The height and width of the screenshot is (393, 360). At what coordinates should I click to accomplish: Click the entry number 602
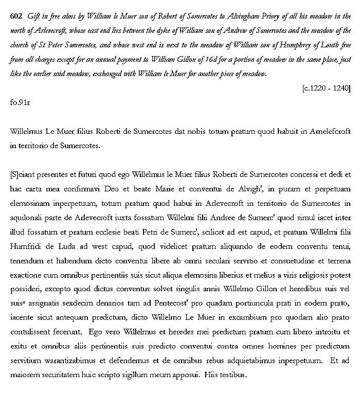click(16, 16)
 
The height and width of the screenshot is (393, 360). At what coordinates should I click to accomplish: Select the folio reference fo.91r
click(20, 102)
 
